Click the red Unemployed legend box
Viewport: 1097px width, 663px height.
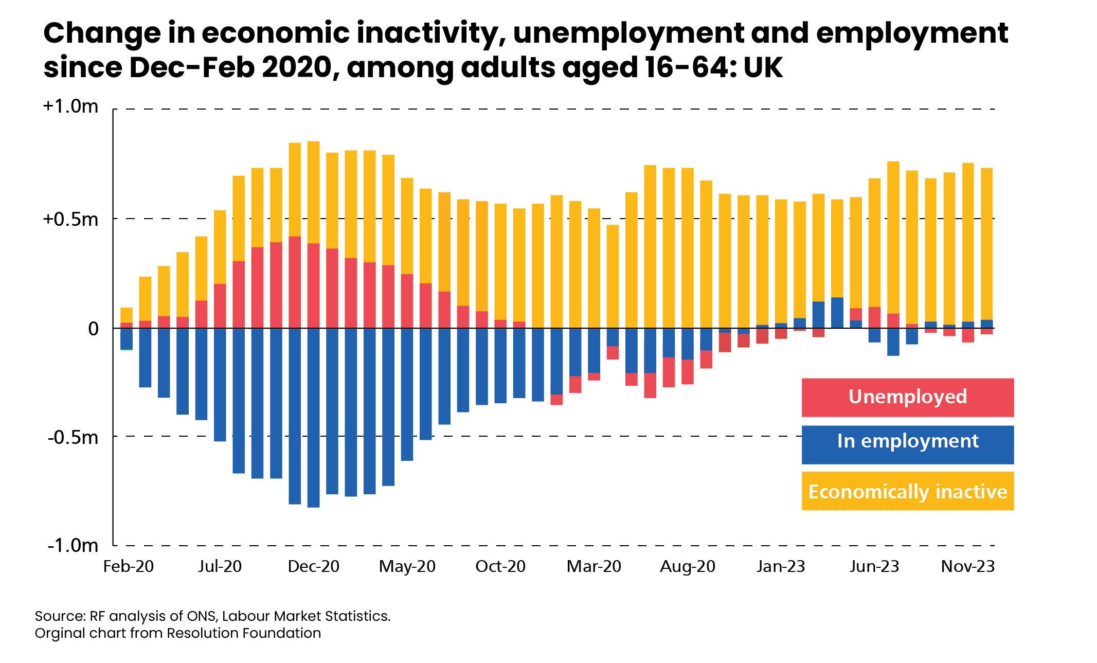click(907, 397)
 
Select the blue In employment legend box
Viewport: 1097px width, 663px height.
click(907, 444)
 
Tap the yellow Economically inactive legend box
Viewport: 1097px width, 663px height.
click(907, 491)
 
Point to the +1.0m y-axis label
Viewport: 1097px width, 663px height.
click(70, 106)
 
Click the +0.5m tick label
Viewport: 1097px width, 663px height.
click(70, 219)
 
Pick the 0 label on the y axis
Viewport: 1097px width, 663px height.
click(93, 328)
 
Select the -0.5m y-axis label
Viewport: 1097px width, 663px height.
click(73, 437)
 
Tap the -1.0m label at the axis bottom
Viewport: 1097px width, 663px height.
click(73, 545)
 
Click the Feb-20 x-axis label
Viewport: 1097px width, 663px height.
click(128, 566)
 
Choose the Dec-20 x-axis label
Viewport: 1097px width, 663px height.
click(313, 566)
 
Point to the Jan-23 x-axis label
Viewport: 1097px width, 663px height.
click(780, 566)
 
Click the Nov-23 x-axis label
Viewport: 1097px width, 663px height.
click(967, 566)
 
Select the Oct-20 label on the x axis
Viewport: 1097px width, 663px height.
click(500, 566)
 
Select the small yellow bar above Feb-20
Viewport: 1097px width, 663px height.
click(127, 315)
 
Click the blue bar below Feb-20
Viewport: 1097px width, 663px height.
click(127, 338)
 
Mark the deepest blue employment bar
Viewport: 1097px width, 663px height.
click(313, 418)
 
